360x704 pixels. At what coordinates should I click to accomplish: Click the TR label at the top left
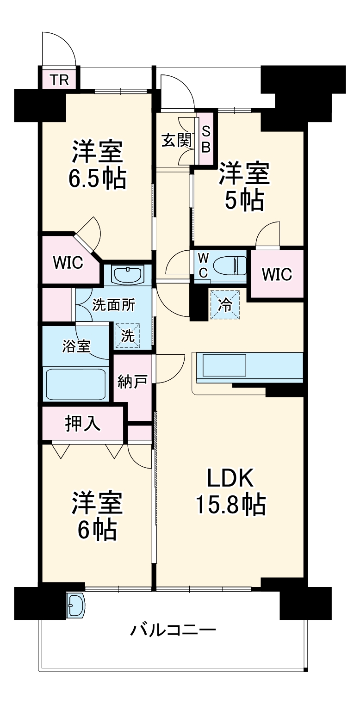coord(60,80)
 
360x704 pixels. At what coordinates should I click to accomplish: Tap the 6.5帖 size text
coord(97,178)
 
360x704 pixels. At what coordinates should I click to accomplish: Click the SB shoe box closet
coord(206,140)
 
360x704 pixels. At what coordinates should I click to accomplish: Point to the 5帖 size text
coord(244,200)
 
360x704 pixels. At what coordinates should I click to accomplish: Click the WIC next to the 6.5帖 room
coord(68,262)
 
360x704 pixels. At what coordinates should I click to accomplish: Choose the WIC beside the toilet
coord(277,274)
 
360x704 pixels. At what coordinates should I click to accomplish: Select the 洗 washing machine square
coord(128,335)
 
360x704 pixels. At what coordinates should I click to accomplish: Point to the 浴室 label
coord(76,346)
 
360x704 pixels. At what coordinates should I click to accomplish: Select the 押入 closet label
coord(83,424)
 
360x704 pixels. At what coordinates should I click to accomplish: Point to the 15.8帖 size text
coord(230,505)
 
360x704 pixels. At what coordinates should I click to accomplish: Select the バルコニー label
coord(173,630)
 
